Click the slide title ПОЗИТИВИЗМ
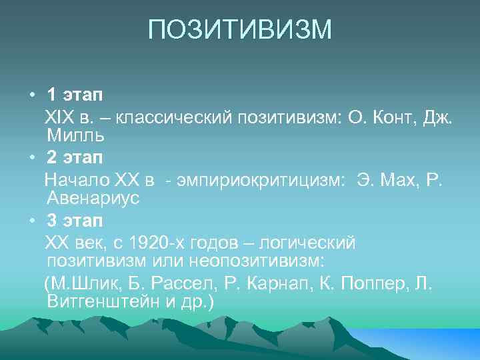click(x=239, y=30)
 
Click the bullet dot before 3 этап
click(x=32, y=221)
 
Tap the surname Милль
click(x=75, y=136)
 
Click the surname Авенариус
click(x=93, y=199)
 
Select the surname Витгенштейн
click(x=104, y=301)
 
